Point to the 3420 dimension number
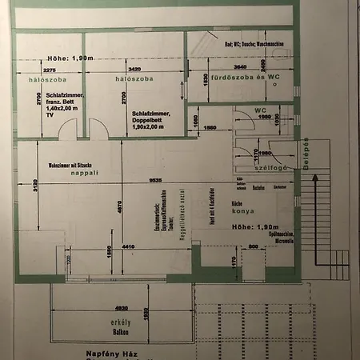click(134, 70)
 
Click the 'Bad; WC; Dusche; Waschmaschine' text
click(254, 43)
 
